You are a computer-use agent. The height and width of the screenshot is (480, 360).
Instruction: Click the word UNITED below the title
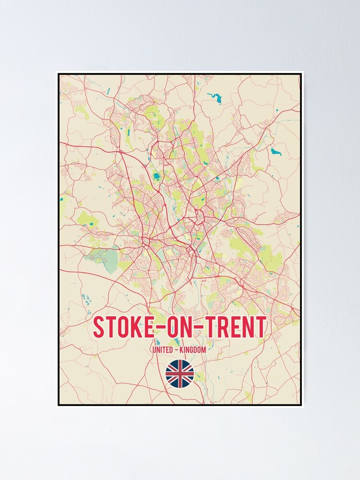163,350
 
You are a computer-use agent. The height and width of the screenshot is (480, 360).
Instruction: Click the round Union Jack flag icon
180,373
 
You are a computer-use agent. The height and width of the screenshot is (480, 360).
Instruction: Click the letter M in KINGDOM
204,350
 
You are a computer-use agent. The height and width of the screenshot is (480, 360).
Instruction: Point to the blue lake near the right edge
276,152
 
